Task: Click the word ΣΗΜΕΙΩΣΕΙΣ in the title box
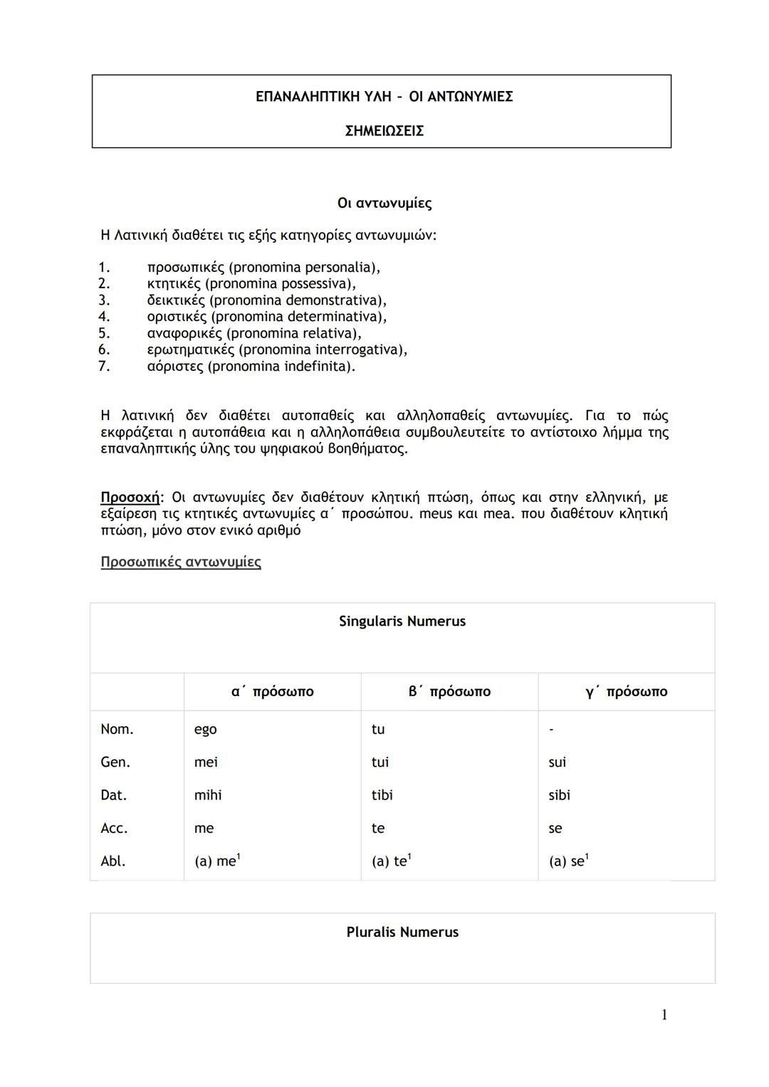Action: [x=384, y=131]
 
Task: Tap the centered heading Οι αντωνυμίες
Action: [x=384, y=204]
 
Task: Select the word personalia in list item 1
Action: [x=340, y=268]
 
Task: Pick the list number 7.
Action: [x=104, y=367]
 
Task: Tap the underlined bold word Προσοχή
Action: [x=131, y=497]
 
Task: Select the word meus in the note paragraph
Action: [x=436, y=514]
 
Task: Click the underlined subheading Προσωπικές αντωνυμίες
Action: [x=181, y=562]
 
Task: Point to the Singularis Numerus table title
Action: [x=402, y=621]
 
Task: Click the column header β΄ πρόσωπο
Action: [x=449, y=692]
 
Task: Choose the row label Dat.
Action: [x=115, y=795]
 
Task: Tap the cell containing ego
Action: [x=205, y=730]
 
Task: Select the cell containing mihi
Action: [x=207, y=795]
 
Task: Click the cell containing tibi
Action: [x=382, y=795]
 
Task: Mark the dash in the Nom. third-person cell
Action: [x=551, y=730]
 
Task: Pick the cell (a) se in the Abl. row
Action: [x=567, y=861]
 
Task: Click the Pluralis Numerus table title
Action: [x=402, y=933]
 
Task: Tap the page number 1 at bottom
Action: [x=664, y=1015]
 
